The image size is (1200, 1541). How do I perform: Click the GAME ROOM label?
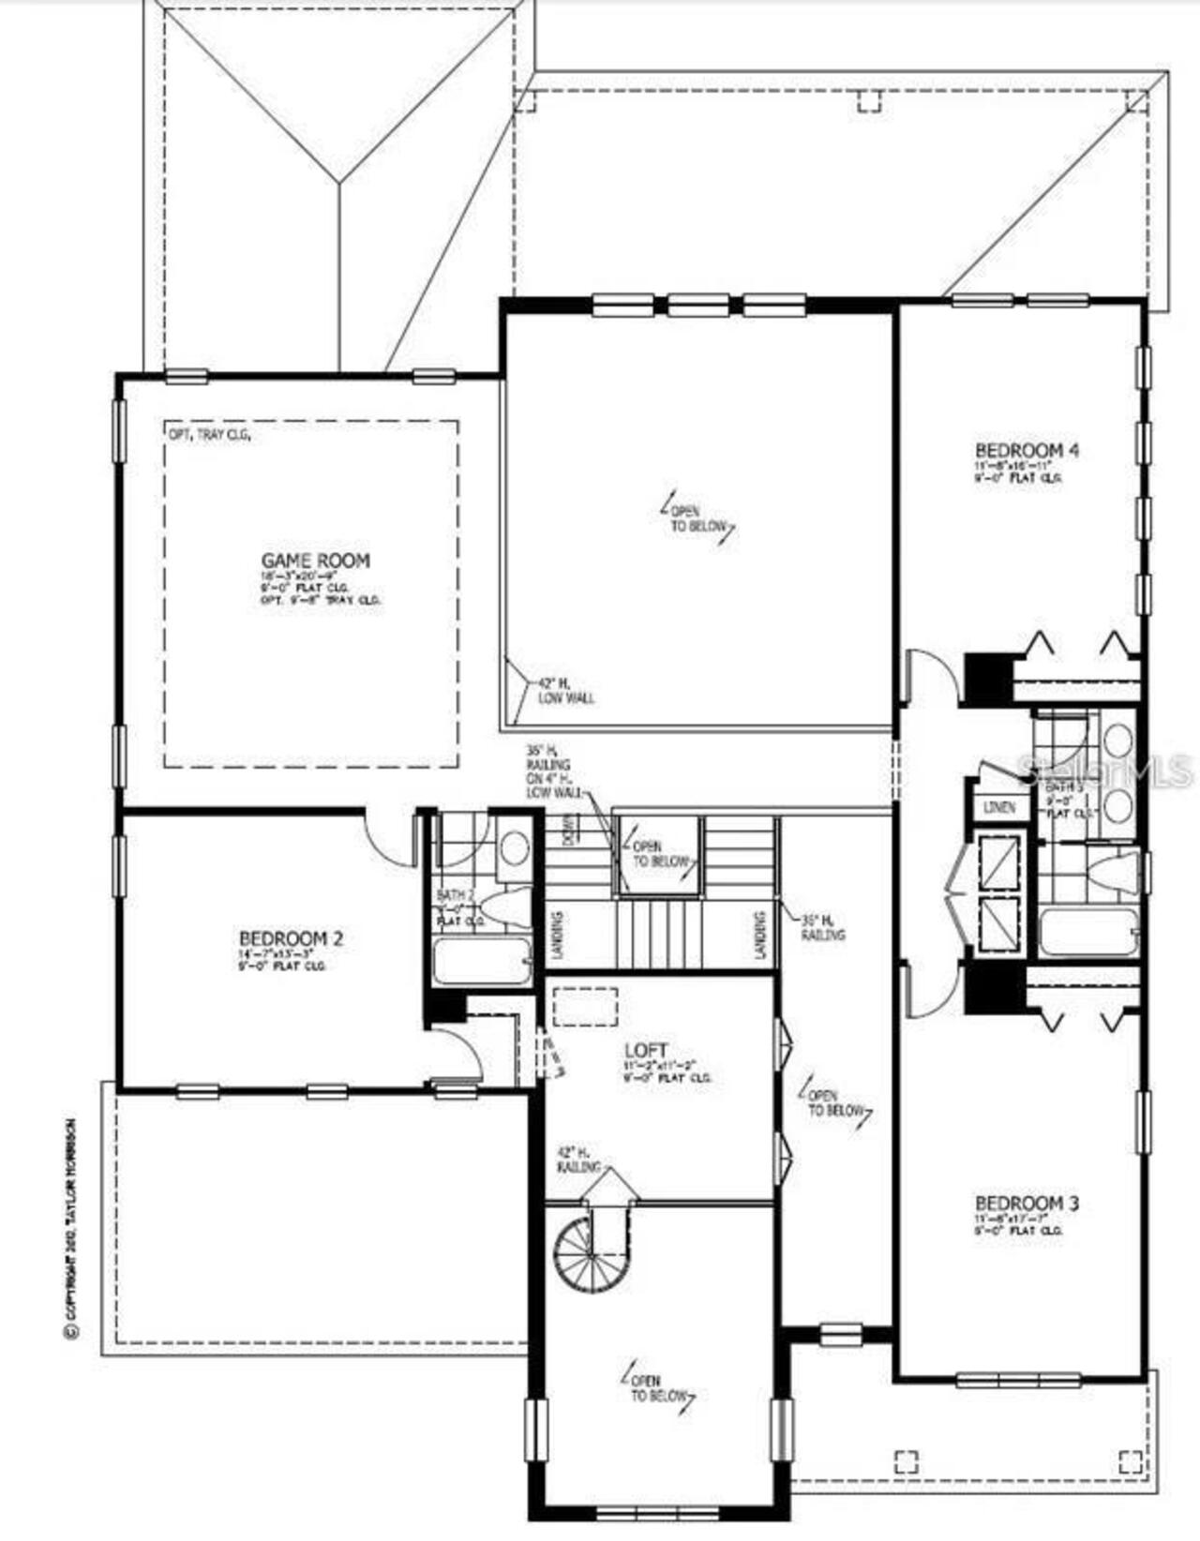(315, 561)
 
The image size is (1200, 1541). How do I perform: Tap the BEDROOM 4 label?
(1027, 450)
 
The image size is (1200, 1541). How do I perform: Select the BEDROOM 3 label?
(1027, 1203)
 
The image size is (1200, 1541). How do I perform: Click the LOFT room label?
(647, 1050)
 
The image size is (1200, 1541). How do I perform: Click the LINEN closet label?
(1000, 807)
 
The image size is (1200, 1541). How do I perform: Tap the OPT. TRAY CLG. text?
(208, 435)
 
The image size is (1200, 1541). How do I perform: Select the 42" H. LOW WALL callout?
(565, 691)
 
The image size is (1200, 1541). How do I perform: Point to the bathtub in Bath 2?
(482, 962)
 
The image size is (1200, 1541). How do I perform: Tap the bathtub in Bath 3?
(1087, 933)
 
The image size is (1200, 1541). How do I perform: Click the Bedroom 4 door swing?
(931, 678)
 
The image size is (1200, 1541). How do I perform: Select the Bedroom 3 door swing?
(931, 992)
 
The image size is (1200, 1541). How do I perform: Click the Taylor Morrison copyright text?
(69, 1228)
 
